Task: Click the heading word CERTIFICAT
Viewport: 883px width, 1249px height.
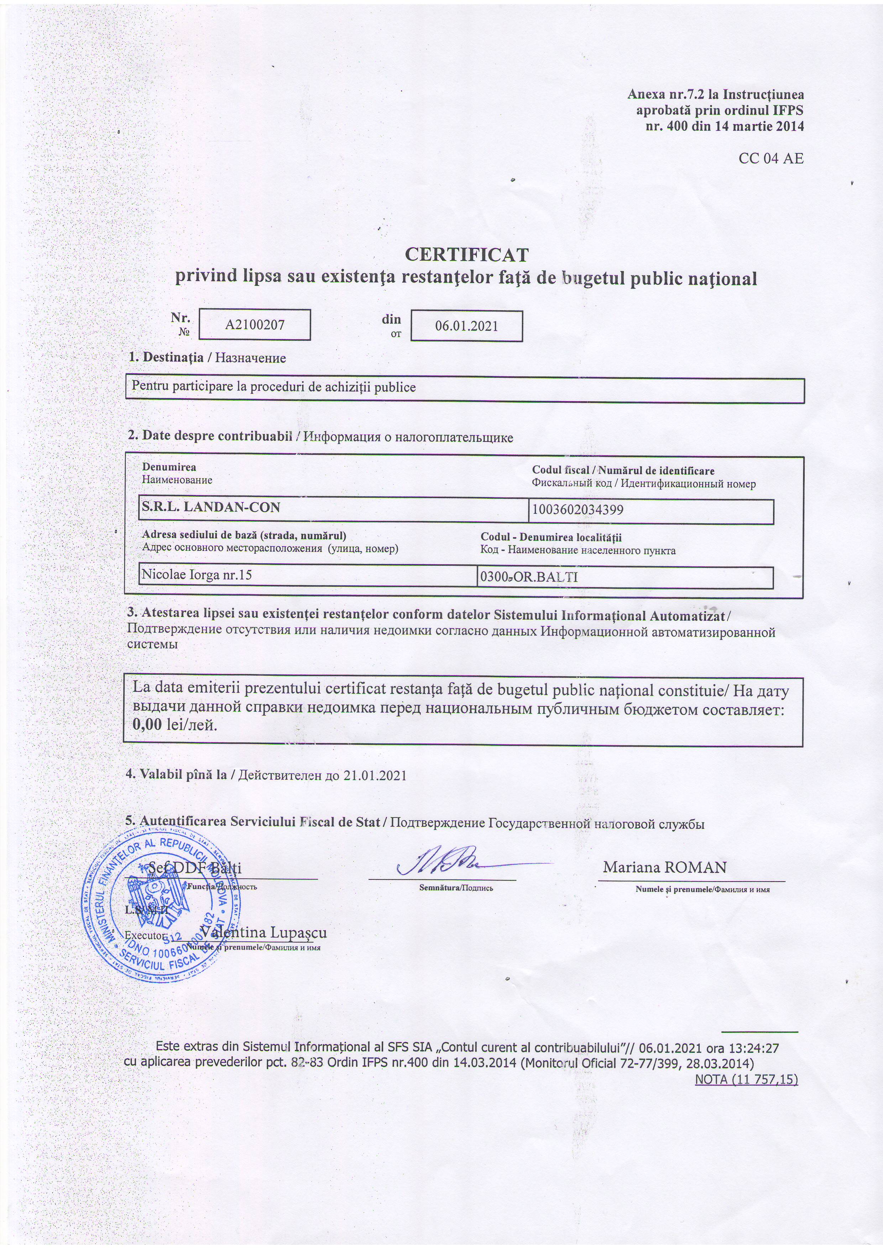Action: (467, 255)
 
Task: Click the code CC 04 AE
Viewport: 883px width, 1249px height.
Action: (770, 158)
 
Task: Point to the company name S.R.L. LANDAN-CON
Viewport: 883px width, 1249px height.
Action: (210, 508)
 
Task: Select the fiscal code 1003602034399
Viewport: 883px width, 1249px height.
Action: (578, 510)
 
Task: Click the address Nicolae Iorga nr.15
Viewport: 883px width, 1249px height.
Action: (197, 574)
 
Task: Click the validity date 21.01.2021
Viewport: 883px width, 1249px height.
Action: (375, 776)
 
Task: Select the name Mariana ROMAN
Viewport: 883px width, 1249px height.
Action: (664, 868)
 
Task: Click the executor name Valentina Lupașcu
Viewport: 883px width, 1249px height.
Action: (264, 933)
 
